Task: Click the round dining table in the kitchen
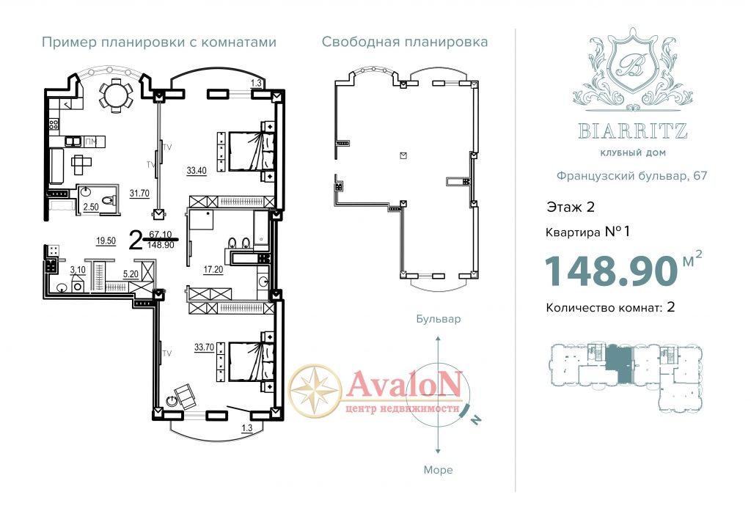pyautogui.click(x=116, y=95)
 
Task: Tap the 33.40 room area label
pyautogui.click(x=197, y=171)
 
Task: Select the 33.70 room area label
pyautogui.click(x=204, y=348)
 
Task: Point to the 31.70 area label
pyautogui.click(x=139, y=194)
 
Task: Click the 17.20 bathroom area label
pyautogui.click(x=213, y=270)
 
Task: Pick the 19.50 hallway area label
pyautogui.click(x=106, y=241)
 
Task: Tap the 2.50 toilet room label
pyautogui.click(x=91, y=207)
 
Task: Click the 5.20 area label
pyautogui.click(x=131, y=274)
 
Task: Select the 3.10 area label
pyautogui.click(x=78, y=270)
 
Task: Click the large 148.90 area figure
pyautogui.click(x=611, y=271)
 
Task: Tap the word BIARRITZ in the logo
pyautogui.click(x=633, y=130)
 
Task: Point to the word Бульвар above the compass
pyautogui.click(x=439, y=319)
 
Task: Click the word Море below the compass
pyautogui.click(x=439, y=470)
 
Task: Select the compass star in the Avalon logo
pyautogui.click(x=315, y=390)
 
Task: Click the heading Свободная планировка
pyautogui.click(x=405, y=42)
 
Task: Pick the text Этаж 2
pyautogui.click(x=571, y=207)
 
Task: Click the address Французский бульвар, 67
pyautogui.click(x=631, y=176)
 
